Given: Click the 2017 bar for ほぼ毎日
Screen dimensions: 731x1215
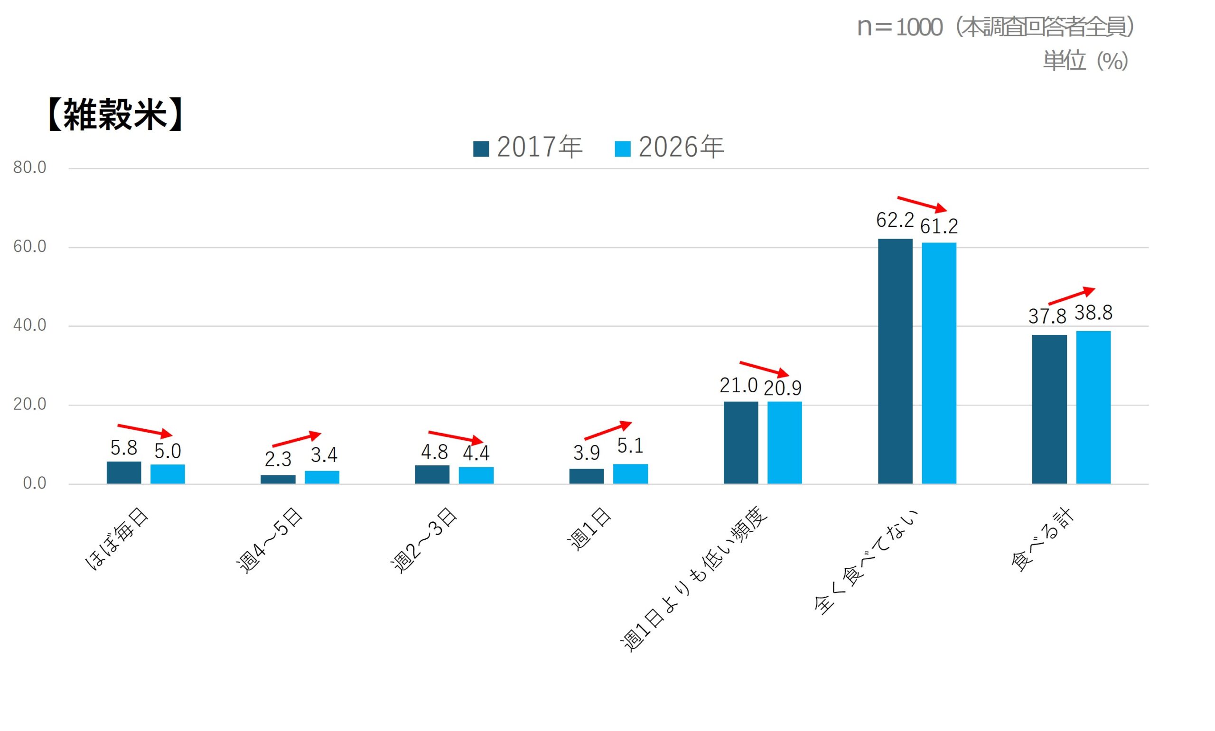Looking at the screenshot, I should coord(124,472).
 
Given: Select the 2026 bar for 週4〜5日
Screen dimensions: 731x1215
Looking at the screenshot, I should coord(322,477).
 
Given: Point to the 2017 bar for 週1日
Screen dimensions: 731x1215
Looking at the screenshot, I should coord(586,476).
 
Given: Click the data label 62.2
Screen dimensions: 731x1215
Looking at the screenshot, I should coord(895,220).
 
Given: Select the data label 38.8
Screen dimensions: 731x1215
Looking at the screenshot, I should coord(1093,312).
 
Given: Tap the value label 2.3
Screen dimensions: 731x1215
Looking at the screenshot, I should coord(278,459).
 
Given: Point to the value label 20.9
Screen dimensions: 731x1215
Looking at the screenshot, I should coord(783,388).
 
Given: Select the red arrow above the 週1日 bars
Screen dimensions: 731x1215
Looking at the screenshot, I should coord(607,430).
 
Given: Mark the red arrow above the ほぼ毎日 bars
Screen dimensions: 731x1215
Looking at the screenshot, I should coord(145,430).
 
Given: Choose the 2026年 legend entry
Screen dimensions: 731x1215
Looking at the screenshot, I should coord(670,147).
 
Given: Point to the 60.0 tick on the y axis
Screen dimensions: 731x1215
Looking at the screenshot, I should coord(29,246).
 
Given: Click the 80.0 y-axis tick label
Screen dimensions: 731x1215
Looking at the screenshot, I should coord(29,167).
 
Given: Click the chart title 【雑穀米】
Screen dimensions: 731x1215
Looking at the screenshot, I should coord(115,114).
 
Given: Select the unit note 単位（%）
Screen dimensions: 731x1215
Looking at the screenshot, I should coord(1085,61).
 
